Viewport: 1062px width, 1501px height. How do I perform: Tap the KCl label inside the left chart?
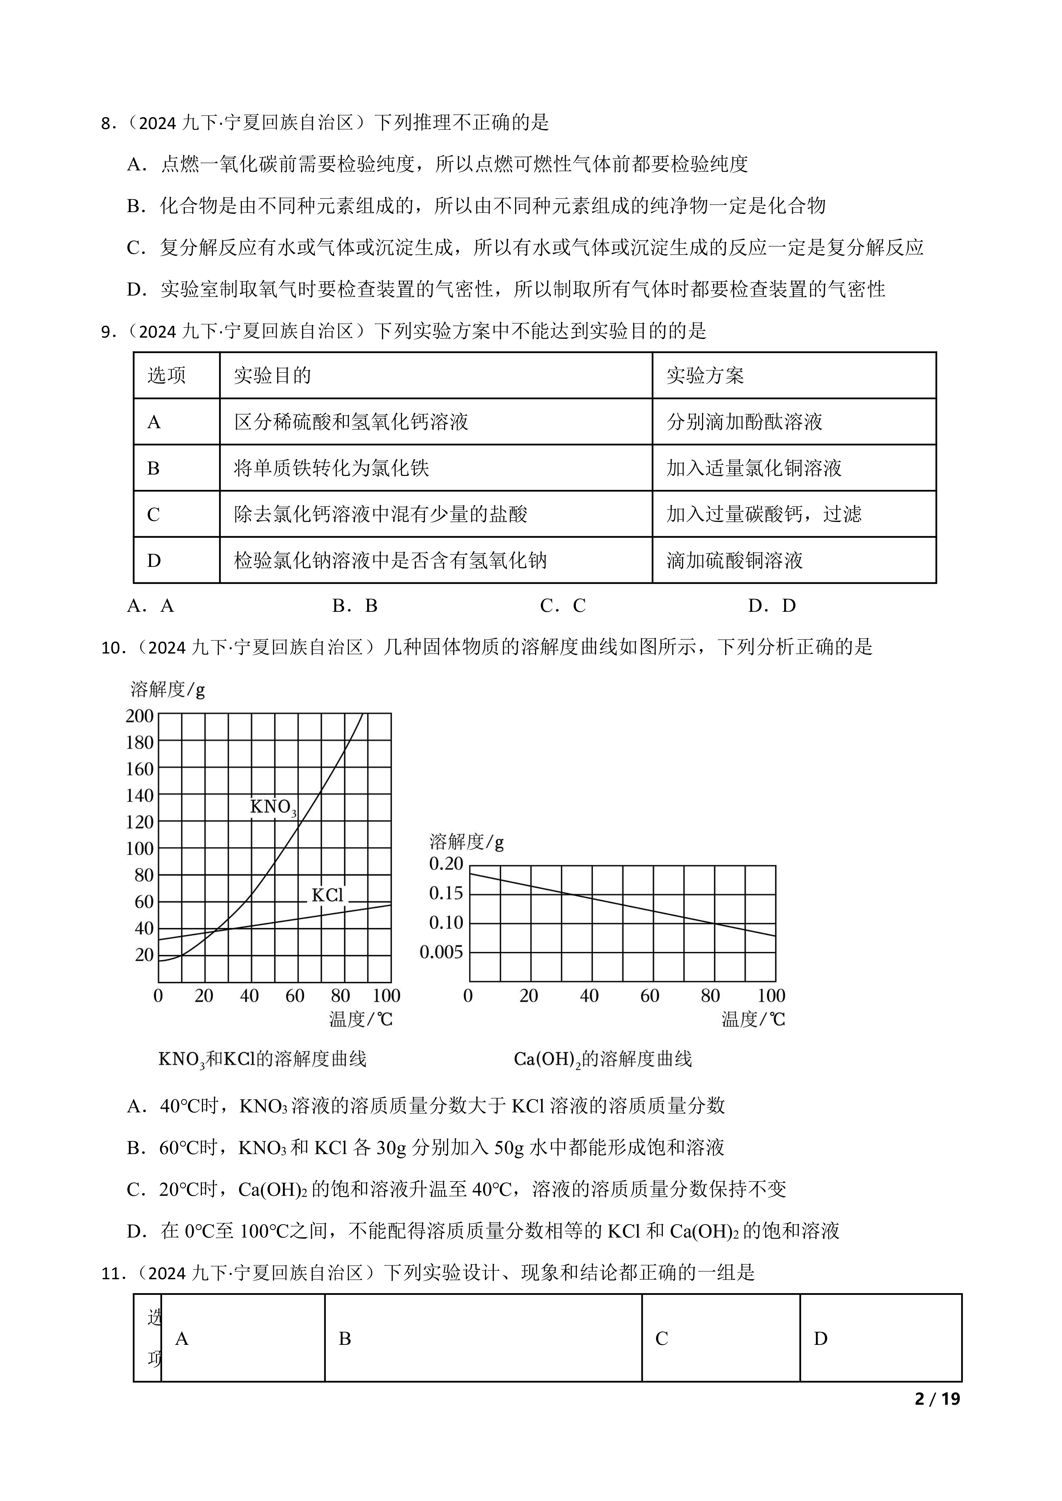click(x=327, y=895)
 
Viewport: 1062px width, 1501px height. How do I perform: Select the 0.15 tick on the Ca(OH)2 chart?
click(x=446, y=893)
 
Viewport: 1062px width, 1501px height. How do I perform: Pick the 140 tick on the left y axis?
click(x=139, y=796)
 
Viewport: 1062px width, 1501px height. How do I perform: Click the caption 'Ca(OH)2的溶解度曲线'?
click(x=602, y=1059)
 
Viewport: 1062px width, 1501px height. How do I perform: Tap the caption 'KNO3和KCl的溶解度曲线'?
click(x=262, y=1059)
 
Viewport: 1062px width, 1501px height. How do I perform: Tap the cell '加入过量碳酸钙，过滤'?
click(x=764, y=514)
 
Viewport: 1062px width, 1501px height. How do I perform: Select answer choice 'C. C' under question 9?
click(x=562, y=606)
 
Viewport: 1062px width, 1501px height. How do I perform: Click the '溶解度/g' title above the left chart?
click(x=167, y=690)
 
